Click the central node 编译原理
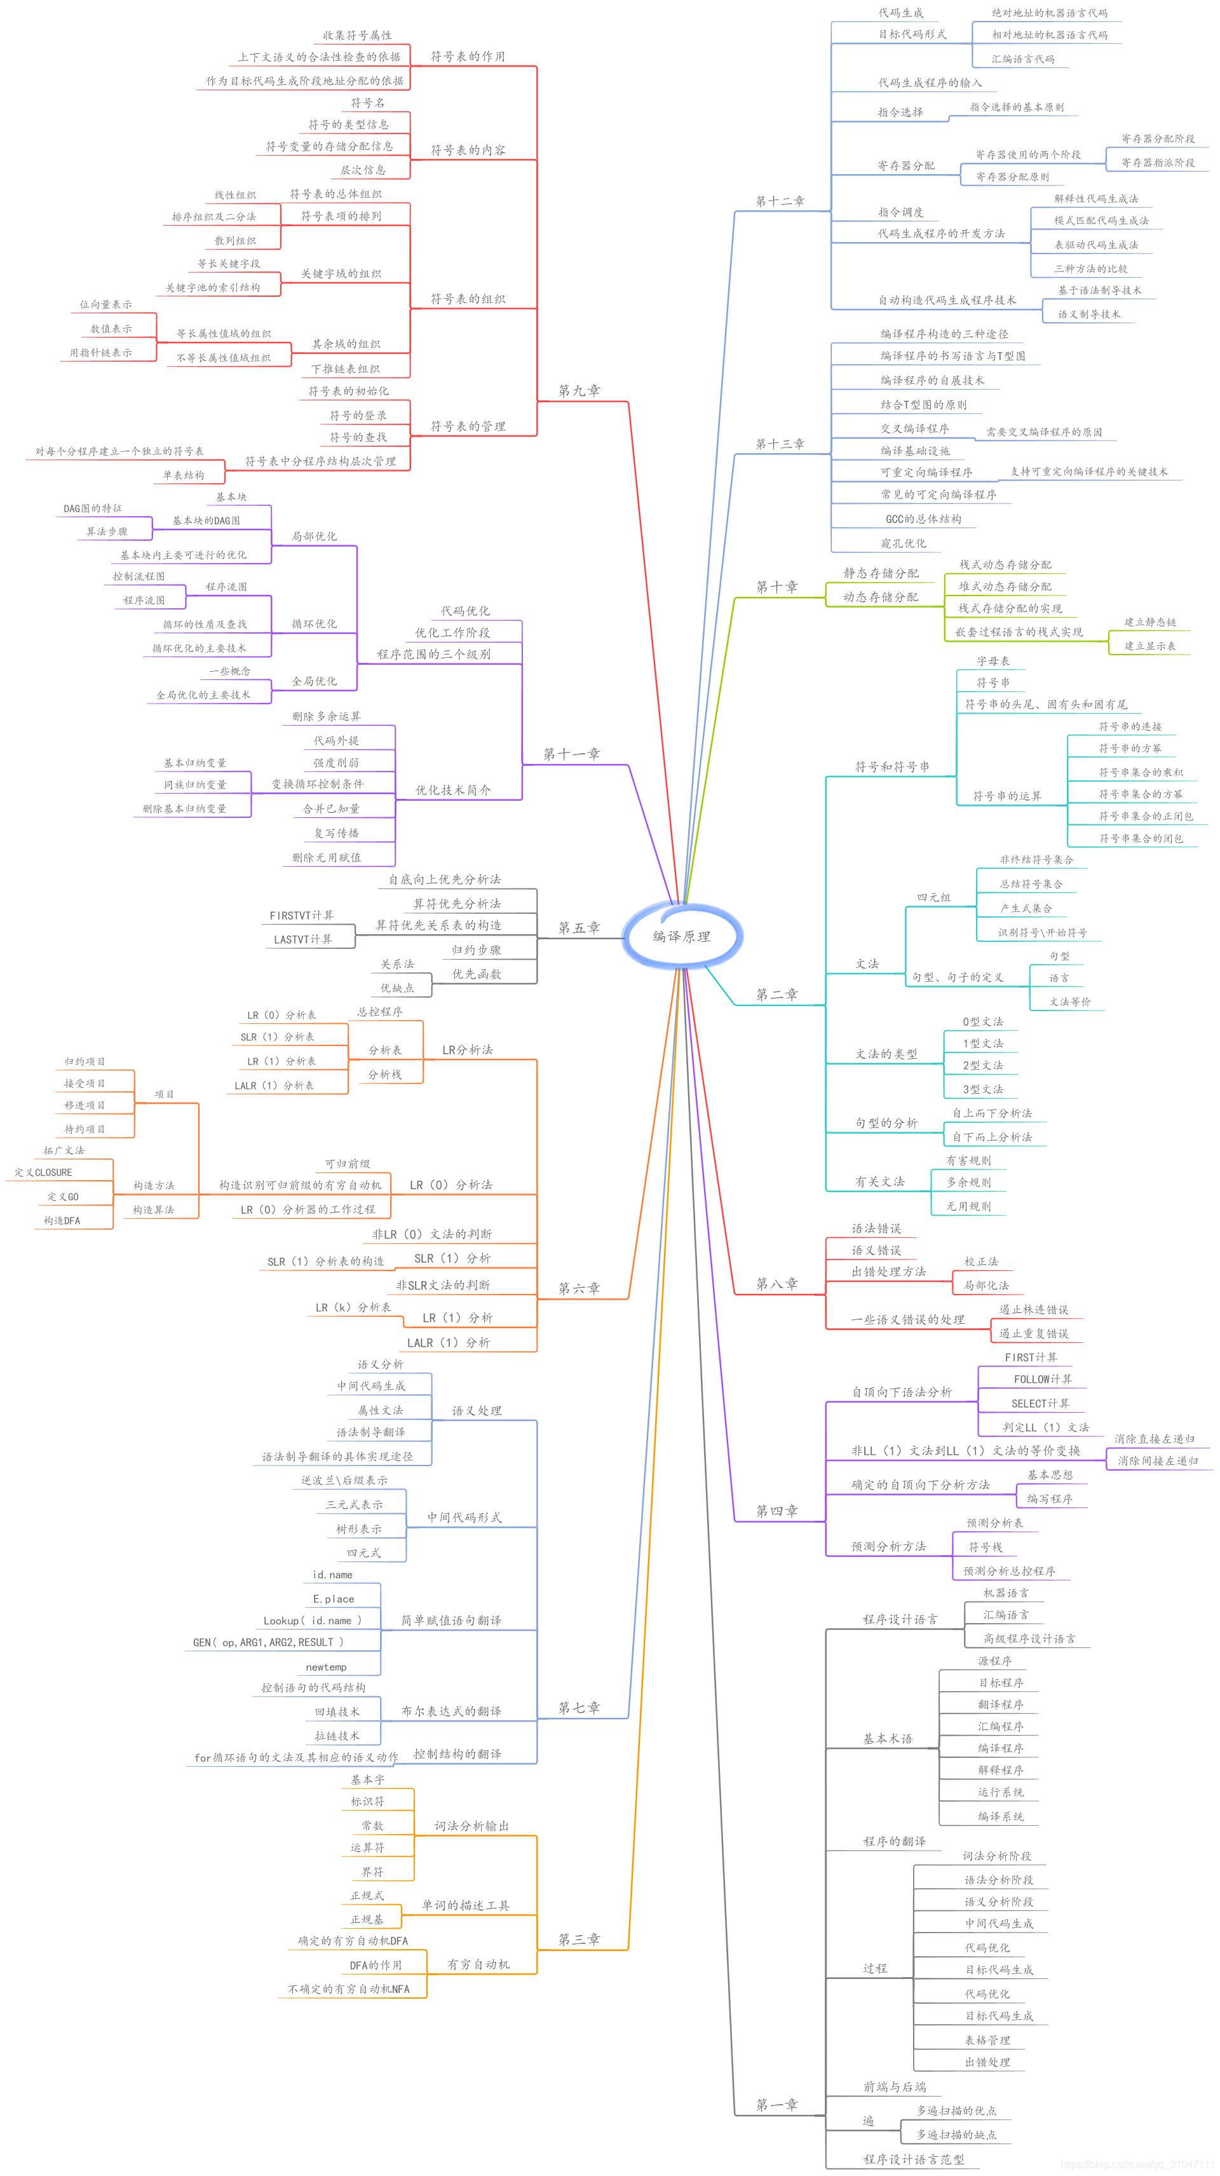[x=681, y=936]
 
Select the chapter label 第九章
[x=579, y=391]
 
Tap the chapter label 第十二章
[x=780, y=201]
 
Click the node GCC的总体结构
[x=923, y=519]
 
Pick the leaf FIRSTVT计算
[x=302, y=915]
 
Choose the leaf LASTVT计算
[x=302, y=939]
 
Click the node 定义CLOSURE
[x=43, y=1173]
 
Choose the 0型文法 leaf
[x=982, y=1021]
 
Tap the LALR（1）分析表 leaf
[x=274, y=1085]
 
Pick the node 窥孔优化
[x=903, y=543]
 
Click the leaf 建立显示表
[x=1150, y=646]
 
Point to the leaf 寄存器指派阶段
[x=1158, y=162]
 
